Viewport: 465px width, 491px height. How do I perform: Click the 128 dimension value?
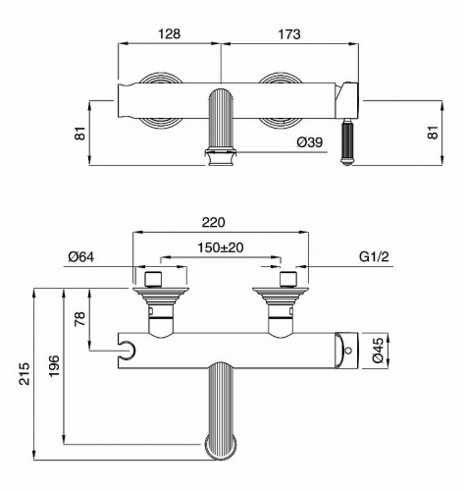[x=170, y=32]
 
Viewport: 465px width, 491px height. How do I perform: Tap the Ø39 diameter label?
[x=309, y=143]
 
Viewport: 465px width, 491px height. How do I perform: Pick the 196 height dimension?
[x=55, y=365]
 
